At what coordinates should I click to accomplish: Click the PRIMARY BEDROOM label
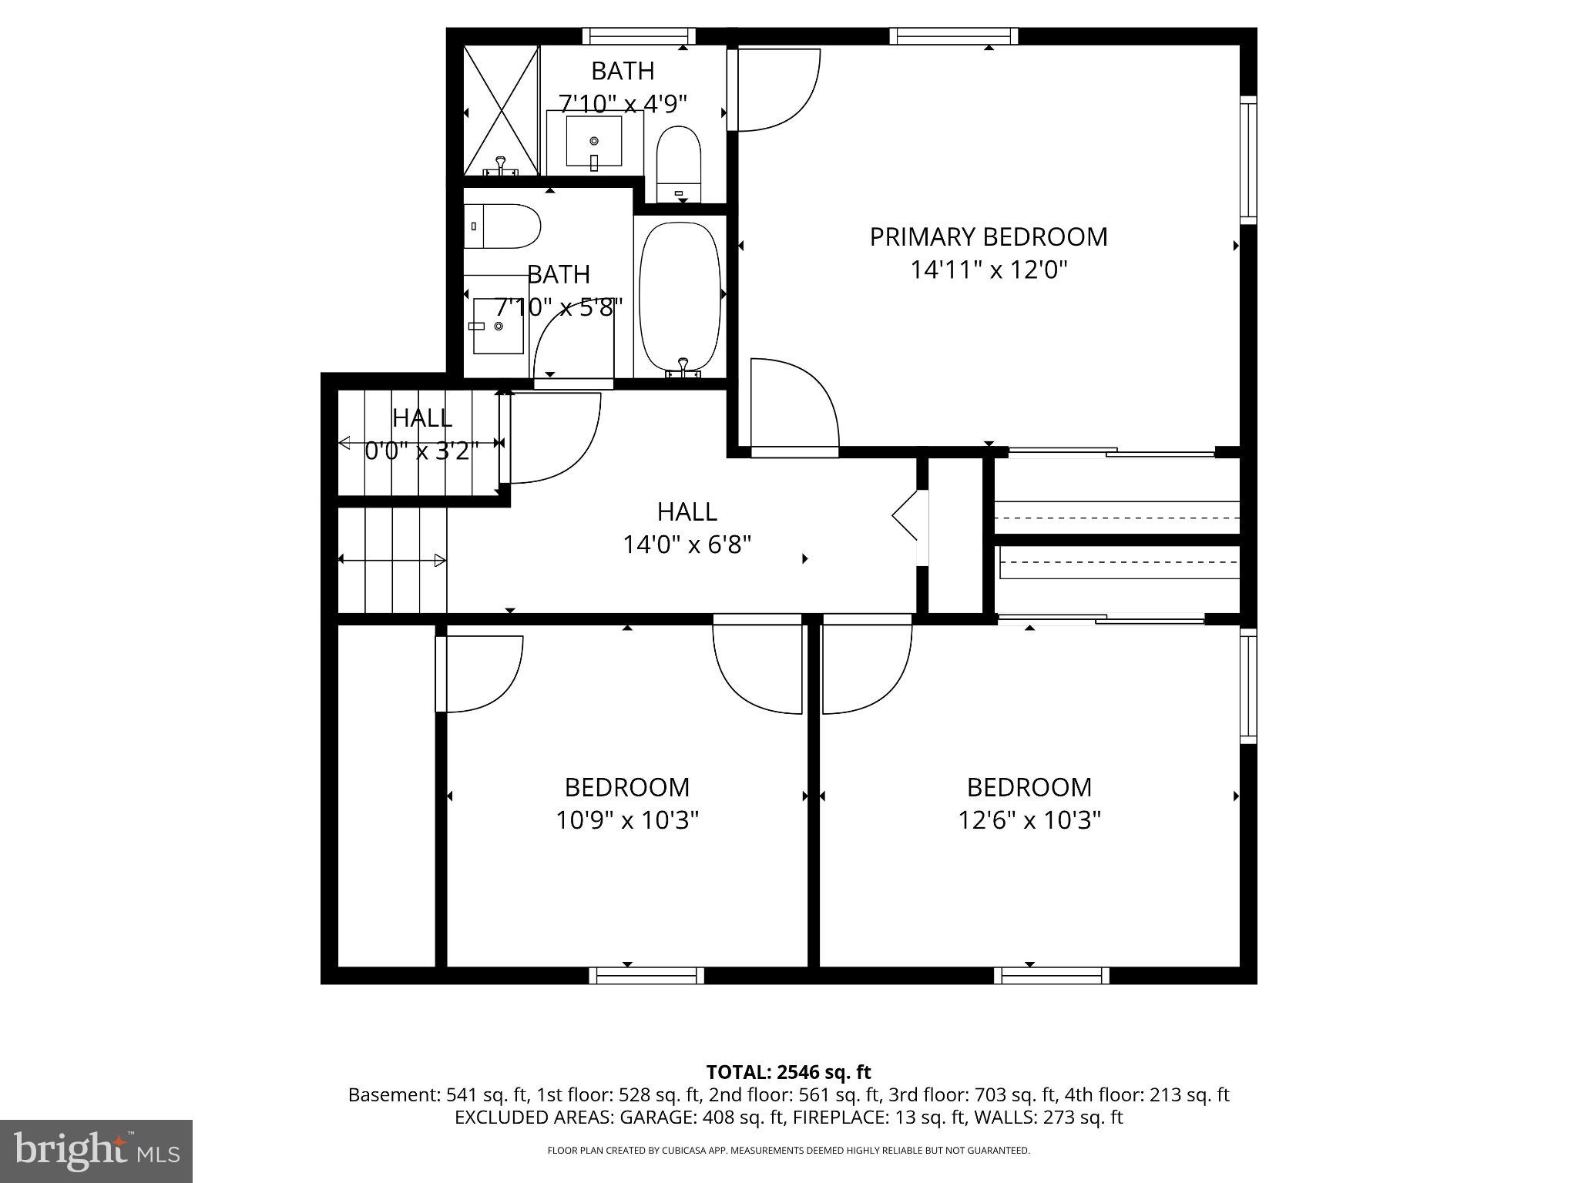989,236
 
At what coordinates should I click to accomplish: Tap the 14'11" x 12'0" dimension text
989,270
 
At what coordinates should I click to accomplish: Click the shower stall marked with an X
501,109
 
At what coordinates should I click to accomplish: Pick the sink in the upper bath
593,142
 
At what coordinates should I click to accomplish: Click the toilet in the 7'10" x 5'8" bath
501,226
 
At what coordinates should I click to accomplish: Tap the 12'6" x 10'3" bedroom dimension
1029,820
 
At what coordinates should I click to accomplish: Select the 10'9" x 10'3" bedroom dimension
627,820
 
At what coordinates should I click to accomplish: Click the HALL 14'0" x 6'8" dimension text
687,545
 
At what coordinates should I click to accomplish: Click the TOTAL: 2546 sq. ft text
788,1072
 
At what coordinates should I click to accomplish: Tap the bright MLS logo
96,1151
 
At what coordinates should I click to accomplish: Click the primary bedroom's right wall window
1247,160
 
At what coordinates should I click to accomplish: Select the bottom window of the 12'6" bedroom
1051,976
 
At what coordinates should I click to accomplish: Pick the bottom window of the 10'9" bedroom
646,976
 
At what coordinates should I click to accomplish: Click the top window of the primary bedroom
953,36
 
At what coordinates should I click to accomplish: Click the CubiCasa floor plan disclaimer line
788,1151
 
